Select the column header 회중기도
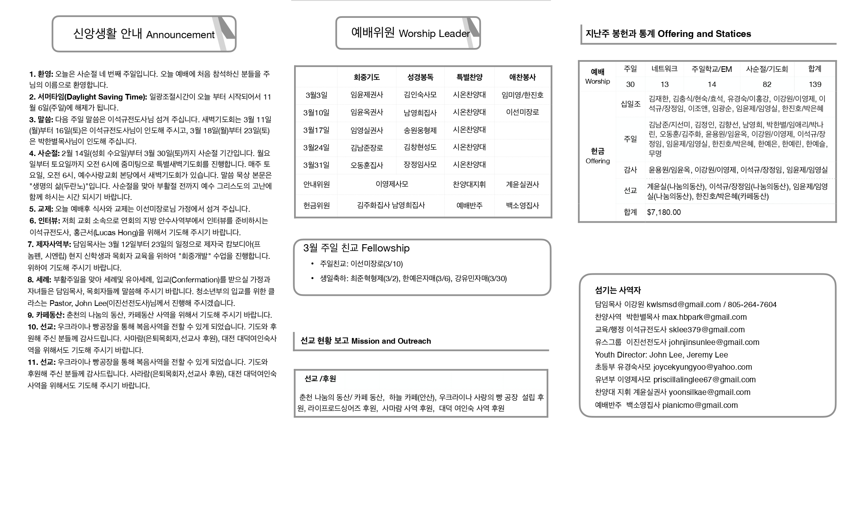pyautogui.click(x=366, y=77)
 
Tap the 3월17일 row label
pyautogui.click(x=316, y=130)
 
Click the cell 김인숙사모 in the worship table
pyautogui.click(x=420, y=95)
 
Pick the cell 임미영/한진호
pyautogui.click(x=522, y=95)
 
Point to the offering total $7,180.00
pyautogui.click(x=664, y=212)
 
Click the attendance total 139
pyautogui.click(x=814, y=85)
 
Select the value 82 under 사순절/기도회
pyautogui.click(x=767, y=85)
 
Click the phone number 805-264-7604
pyautogui.click(x=752, y=304)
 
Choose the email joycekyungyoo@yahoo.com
pyautogui.click(x=702, y=367)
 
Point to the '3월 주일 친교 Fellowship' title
pyautogui.click(x=356, y=248)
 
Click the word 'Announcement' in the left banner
pyautogui.click(x=180, y=35)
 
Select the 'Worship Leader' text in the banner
pyautogui.click(x=434, y=34)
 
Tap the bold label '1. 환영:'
pyautogui.click(x=41, y=74)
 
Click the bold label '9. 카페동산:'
pyautogui.click(x=46, y=315)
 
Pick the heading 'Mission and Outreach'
pyautogui.click(x=391, y=341)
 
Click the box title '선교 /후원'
pyautogui.click(x=320, y=379)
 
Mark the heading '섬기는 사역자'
pyautogui.click(x=617, y=290)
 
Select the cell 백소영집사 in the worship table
pyautogui.click(x=522, y=206)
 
